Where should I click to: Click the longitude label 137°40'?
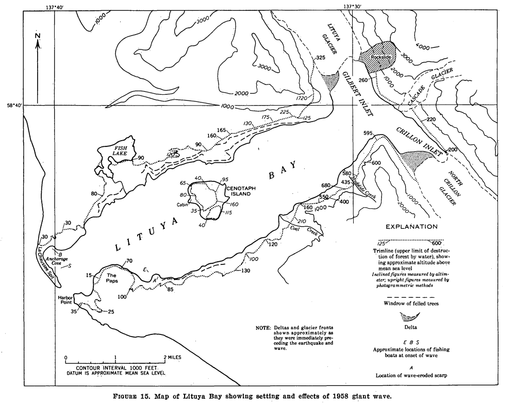tap(55, 7)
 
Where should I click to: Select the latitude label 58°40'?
tap(14, 105)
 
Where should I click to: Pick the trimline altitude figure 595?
tap(367, 133)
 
